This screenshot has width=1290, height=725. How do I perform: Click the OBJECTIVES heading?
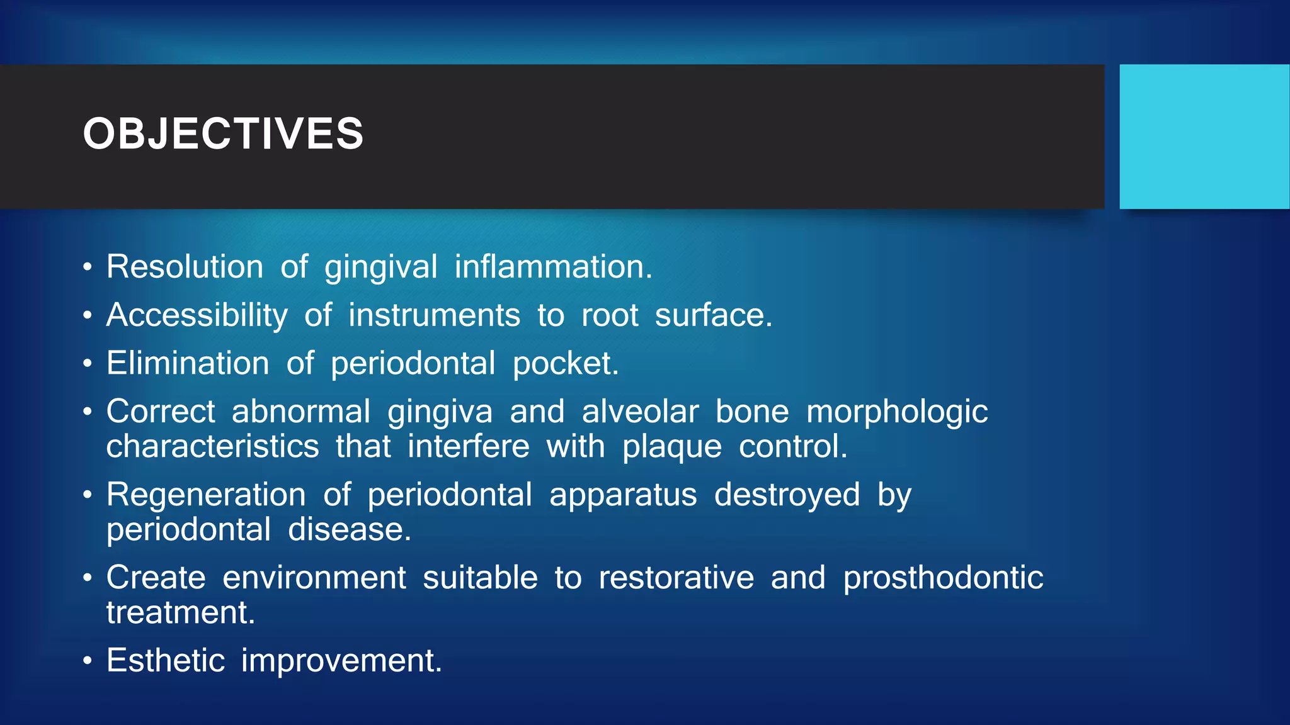(223, 133)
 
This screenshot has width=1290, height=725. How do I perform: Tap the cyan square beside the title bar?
(1204, 137)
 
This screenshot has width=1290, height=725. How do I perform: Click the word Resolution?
(185, 267)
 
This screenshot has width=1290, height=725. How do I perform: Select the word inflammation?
(553, 267)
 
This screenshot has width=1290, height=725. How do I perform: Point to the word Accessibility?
(197, 315)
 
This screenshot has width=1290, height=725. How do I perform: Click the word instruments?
(434, 315)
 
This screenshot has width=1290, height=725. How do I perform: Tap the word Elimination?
(188, 363)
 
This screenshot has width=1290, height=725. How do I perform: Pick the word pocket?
(565, 364)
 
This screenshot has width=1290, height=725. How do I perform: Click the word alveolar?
(640, 412)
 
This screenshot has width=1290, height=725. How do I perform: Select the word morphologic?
(897, 413)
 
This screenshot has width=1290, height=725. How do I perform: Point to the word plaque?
(671, 447)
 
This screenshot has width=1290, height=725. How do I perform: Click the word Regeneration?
(206, 495)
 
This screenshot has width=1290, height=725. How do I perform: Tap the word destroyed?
(787, 495)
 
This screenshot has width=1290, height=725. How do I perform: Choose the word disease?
(349, 529)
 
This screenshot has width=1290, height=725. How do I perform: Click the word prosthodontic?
(943, 578)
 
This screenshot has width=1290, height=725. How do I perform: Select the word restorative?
(676, 578)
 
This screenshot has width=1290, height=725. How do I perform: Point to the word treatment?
(180, 612)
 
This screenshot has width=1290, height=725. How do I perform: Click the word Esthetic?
(166, 660)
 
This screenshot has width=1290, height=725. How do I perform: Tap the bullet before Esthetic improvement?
(88, 661)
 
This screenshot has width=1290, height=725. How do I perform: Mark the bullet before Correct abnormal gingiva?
(88, 412)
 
